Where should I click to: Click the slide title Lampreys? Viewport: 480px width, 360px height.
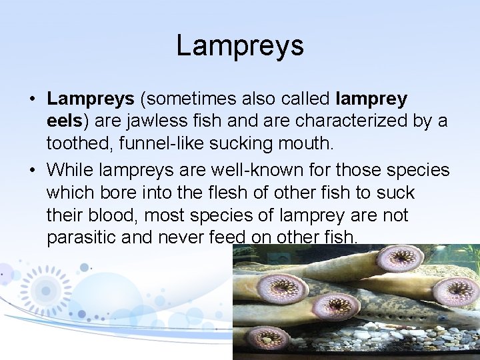click(x=240, y=45)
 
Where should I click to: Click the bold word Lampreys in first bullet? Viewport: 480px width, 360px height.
click(x=90, y=99)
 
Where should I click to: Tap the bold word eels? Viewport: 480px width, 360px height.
click(x=66, y=122)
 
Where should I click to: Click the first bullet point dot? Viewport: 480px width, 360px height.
click(x=32, y=100)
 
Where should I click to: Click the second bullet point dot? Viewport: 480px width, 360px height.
click(x=32, y=170)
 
